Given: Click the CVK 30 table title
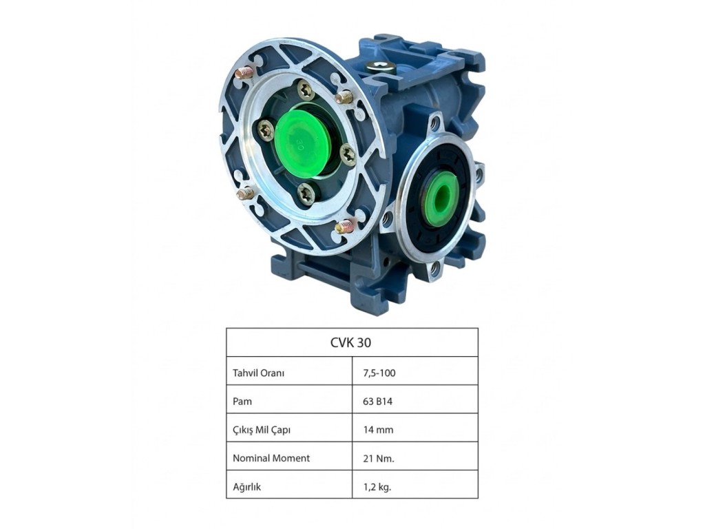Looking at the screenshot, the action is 350,343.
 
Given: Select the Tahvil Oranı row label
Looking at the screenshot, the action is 259,373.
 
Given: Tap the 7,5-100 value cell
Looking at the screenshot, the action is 379,373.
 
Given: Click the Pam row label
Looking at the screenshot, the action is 242,402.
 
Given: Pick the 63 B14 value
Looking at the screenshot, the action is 378,402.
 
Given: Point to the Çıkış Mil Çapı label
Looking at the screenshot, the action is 262,430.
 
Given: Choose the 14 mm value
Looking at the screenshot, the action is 378,430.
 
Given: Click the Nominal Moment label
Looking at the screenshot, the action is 271,458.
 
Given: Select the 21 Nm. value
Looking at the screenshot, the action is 379,458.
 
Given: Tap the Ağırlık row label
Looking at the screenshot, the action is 247,487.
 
